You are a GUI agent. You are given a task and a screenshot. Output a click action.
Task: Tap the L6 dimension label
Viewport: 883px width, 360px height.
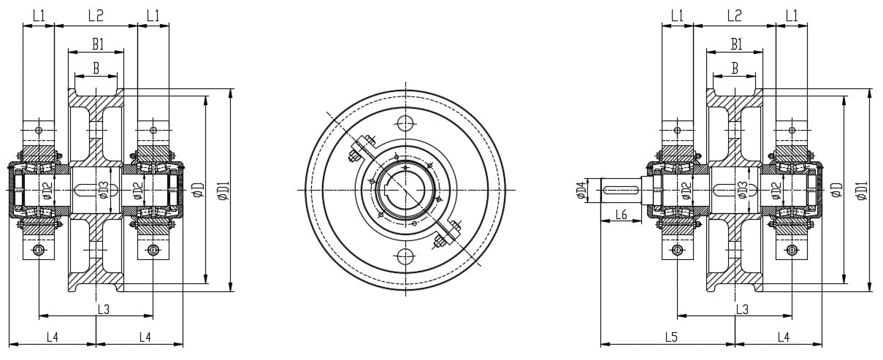coord(622,214)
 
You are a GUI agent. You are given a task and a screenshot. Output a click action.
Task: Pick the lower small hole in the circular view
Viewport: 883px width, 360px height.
coord(405,256)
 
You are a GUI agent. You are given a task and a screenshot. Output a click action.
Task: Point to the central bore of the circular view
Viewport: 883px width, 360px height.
coord(404,189)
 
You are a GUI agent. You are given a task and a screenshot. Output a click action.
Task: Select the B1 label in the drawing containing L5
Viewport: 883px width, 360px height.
coord(736,45)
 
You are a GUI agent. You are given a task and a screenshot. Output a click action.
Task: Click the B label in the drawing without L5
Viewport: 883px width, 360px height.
coord(96,68)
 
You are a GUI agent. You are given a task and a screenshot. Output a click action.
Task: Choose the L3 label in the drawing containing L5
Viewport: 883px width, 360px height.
coord(741,310)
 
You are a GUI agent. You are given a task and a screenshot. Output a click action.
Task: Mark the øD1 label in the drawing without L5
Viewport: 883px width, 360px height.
coord(223,190)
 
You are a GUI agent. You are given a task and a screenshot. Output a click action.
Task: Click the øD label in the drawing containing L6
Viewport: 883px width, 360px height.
coord(837,190)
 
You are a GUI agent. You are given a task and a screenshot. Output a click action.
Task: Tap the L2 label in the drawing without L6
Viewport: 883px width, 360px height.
coord(96,15)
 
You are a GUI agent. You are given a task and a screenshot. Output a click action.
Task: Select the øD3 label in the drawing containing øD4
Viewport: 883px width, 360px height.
coord(741,190)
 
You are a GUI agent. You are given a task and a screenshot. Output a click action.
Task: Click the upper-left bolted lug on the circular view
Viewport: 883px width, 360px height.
coord(361,151)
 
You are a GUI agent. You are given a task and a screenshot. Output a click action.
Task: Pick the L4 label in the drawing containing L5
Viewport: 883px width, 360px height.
coord(783,337)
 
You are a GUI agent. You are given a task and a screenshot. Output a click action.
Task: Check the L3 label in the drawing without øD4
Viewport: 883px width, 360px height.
coord(103,310)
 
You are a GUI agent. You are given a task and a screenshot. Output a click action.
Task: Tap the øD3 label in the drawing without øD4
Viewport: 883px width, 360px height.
coord(104,190)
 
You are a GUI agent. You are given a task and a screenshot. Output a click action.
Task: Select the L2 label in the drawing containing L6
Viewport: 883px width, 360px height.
coord(734,15)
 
